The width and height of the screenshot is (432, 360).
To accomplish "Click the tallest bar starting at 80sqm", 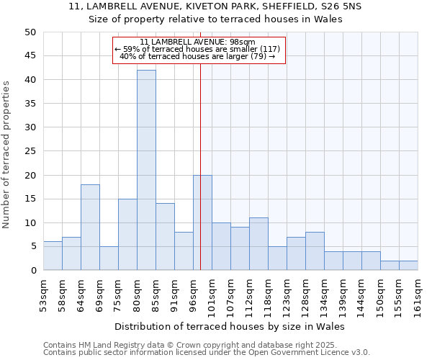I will [146, 170].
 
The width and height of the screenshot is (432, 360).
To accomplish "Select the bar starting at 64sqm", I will [90, 228].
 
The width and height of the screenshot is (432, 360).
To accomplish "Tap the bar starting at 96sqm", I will [202, 222].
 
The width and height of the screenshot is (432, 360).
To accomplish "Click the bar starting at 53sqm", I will [53, 256].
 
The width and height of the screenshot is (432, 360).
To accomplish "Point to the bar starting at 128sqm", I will [315, 251].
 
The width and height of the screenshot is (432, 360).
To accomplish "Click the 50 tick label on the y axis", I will [30, 32].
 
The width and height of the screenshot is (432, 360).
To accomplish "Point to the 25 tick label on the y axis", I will [30, 151].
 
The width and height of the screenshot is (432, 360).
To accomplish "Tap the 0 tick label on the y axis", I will [32, 271].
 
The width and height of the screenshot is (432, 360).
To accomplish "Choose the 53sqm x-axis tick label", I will [43, 294].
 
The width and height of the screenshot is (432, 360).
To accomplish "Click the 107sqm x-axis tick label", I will [230, 296].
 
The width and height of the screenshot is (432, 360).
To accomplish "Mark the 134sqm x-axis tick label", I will [324, 296].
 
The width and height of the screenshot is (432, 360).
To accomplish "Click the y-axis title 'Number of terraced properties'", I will [6, 155].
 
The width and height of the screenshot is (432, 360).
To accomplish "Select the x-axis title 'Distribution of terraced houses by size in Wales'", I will [230, 327].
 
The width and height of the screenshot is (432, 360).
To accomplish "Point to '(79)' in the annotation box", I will [257, 56].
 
